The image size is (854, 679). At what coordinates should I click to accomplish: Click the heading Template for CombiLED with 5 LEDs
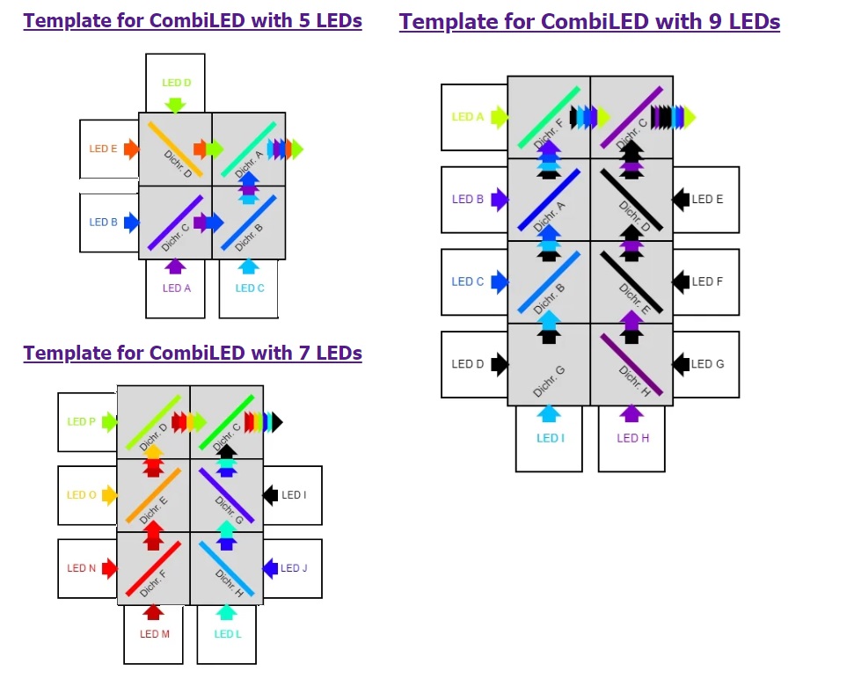coord(193,20)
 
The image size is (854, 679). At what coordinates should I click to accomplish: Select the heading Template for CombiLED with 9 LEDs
coord(589,22)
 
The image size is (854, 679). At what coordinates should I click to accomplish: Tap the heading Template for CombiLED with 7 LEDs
coord(193,353)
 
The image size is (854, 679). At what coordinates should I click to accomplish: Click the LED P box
coord(86,422)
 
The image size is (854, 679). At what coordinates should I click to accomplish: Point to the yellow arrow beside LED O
coord(109,495)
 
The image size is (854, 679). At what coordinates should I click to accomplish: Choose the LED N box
coord(86,568)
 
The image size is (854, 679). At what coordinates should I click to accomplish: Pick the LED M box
coord(154,634)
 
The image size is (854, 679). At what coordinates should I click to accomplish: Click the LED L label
coord(227,634)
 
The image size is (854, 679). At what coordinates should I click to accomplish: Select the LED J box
coord(293,568)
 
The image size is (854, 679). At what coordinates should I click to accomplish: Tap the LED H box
coord(631,438)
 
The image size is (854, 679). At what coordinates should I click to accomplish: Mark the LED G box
coord(706,364)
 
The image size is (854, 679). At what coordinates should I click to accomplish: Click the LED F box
coord(706,281)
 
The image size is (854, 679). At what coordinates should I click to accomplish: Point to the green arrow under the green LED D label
coord(175,106)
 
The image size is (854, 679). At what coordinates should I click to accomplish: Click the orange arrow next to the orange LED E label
coord(131,149)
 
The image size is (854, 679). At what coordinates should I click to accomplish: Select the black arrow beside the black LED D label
coord(500,364)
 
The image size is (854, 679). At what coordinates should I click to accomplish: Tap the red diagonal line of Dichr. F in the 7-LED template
coord(153,569)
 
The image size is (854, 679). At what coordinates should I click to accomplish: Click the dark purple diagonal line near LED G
coord(631,362)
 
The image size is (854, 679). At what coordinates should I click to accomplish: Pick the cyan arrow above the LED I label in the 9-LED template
coord(549,413)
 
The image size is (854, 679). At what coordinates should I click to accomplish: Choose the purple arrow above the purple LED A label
coord(175,266)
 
